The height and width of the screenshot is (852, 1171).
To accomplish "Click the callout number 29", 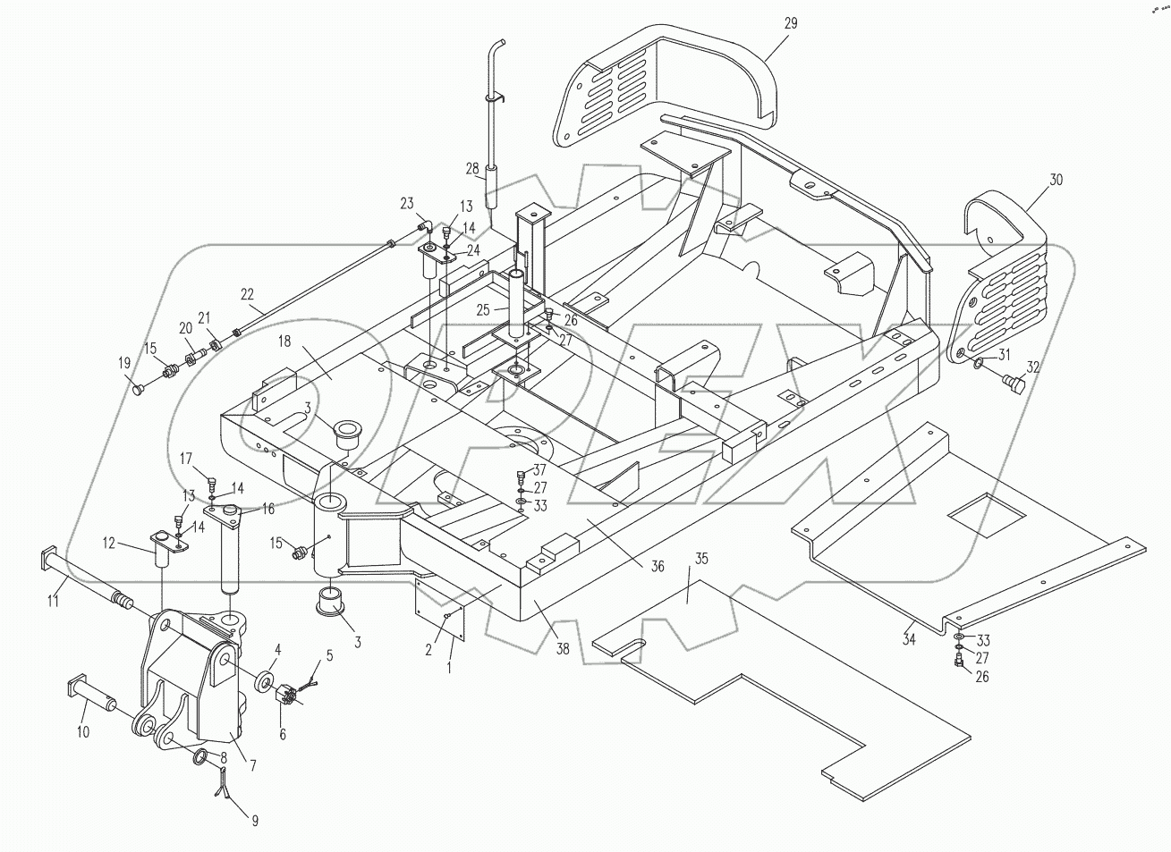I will [x=790, y=23].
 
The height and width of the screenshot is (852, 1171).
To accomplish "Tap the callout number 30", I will [x=1056, y=180].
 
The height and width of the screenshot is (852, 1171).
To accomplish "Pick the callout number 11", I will [x=54, y=602].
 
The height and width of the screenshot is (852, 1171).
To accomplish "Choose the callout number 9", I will [x=255, y=820].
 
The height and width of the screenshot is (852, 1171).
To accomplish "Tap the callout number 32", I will [x=1033, y=367].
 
